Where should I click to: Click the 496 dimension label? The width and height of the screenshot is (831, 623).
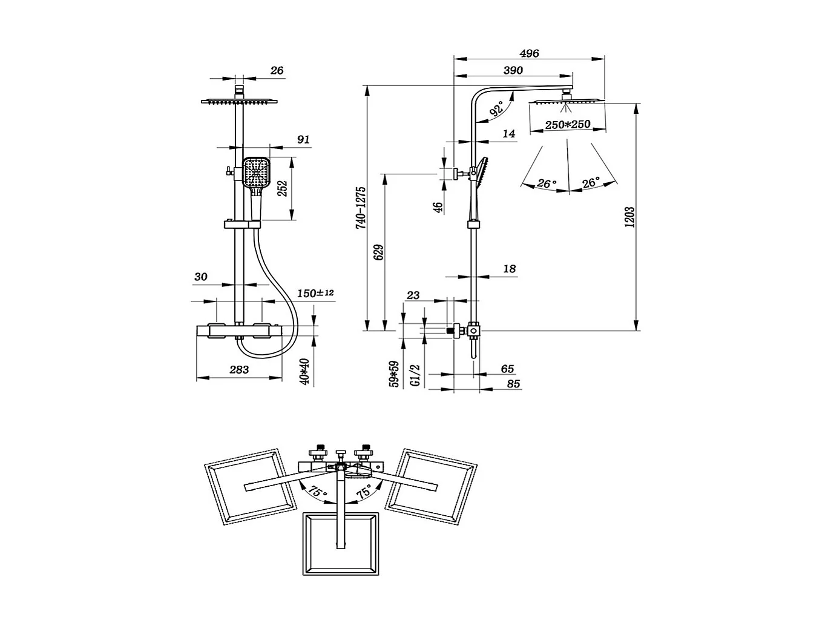pyautogui.click(x=529, y=53)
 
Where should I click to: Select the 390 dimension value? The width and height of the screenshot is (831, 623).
pyautogui.click(x=513, y=70)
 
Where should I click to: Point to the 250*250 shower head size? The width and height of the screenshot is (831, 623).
pyautogui.click(x=567, y=125)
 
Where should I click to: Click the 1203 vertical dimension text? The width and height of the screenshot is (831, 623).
pyautogui.click(x=629, y=217)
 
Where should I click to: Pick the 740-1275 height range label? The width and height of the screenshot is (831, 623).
pyautogui.click(x=361, y=206)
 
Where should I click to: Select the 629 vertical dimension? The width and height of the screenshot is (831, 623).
pyautogui.click(x=379, y=252)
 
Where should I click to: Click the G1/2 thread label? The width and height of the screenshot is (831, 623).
pyautogui.click(x=415, y=375)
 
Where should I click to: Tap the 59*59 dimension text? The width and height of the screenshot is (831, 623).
pyautogui.click(x=395, y=374)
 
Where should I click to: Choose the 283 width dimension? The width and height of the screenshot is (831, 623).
pyautogui.click(x=239, y=369)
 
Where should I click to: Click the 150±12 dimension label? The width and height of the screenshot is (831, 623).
pyautogui.click(x=315, y=293)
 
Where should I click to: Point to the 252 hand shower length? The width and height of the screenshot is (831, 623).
pyautogui.click(x=281, y=190)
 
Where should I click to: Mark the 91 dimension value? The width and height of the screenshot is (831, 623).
pyautogui.click(x=303, y=139)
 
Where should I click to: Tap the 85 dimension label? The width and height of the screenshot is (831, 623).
pyautogui.click(x=513, y=383)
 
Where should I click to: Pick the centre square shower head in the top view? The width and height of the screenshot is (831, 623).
pyautogui.click(x=340, y=544)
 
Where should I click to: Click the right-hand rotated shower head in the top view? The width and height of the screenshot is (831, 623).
pyautogui.click(x=430, y=487)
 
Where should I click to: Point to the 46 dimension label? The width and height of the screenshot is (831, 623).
pyautogui.click(x=439, y=206)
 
